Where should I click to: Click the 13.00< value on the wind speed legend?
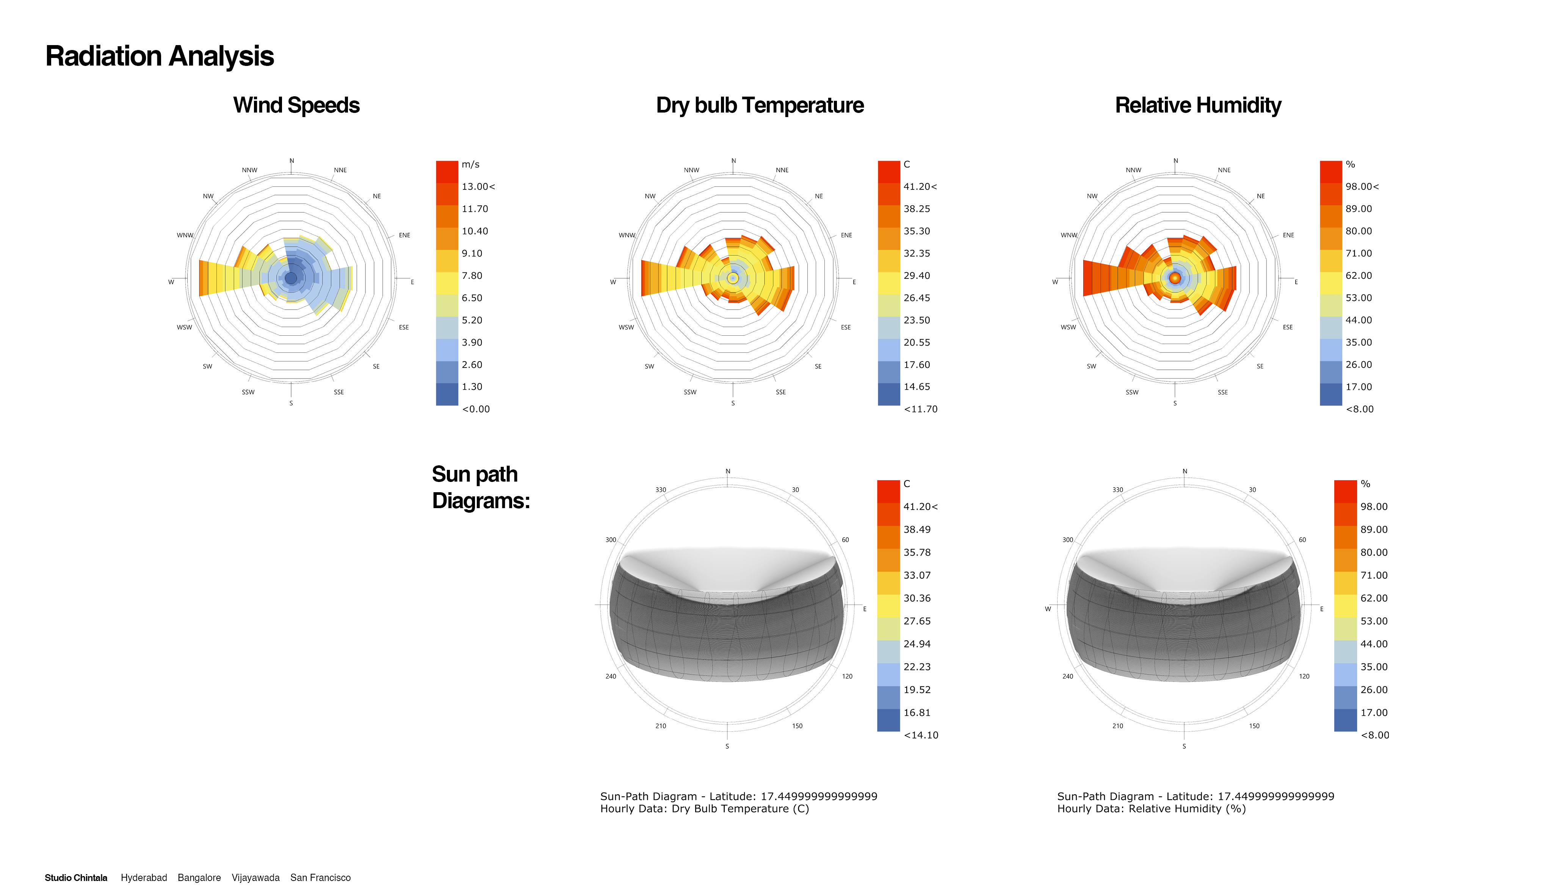click(478, 186)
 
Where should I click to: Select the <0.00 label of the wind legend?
click(475, 409)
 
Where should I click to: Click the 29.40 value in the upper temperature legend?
click(916, 275)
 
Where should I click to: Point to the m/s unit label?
click(470, 164)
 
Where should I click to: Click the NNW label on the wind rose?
click(249, 170)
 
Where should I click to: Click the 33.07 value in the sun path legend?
click(917, 575)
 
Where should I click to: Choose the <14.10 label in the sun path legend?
click(920, 735)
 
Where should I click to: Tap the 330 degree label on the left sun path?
click(660, 490)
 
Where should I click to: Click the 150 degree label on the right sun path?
click(1254, 726)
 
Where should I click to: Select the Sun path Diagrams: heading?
click(480, 487)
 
